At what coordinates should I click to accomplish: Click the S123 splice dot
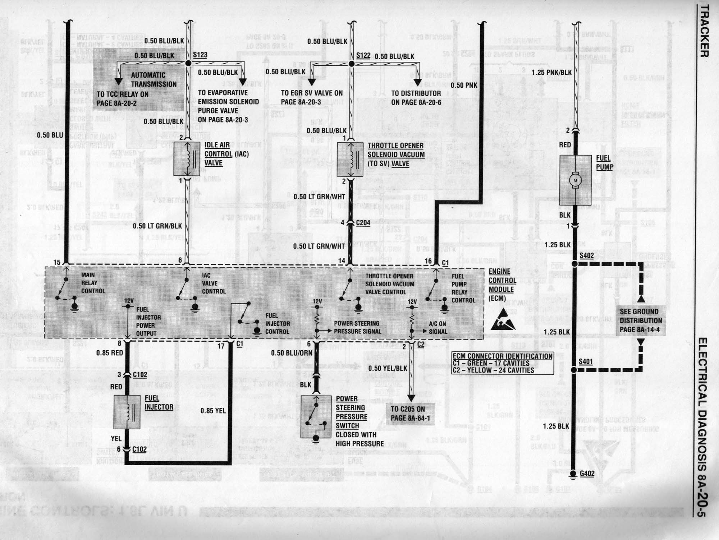point(188,63)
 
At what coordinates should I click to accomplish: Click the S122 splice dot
point(352,64)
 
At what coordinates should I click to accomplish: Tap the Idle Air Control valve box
point(187,158)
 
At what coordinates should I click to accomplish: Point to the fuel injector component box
point(127,412)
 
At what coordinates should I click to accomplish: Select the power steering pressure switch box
point(316,417)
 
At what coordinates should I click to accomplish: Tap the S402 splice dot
point(574,264)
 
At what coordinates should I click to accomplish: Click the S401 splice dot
point(574,370)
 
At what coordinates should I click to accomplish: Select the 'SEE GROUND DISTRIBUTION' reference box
point(641,320)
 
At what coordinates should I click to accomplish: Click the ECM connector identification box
point(503,363)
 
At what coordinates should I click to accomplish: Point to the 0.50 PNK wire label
point(464,86)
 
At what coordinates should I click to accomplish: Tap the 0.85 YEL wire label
point(213,410)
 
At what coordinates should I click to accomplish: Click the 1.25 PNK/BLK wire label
point(551,73)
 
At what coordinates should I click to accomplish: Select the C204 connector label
point(363,223)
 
